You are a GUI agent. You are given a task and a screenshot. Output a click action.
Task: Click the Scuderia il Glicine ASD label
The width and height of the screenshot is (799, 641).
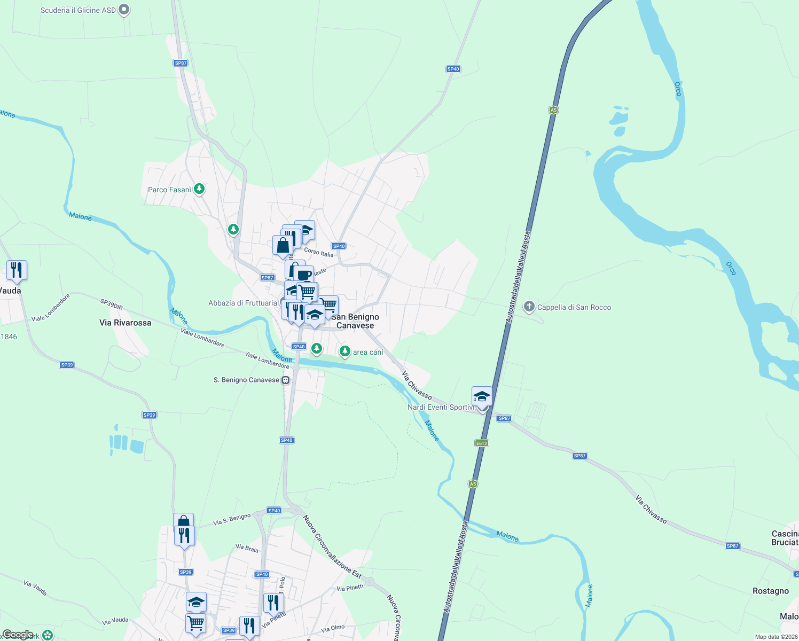coord(78,10)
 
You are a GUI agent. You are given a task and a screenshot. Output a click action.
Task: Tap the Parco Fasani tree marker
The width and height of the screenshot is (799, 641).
coord(199,189)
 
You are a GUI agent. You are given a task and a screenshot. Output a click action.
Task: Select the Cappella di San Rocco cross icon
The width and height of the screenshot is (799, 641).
coord(529,307)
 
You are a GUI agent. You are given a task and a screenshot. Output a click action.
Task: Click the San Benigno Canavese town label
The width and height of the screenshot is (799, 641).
coord(355,321)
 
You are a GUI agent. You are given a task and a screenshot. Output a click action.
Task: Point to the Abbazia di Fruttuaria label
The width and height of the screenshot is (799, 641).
coord(242,303)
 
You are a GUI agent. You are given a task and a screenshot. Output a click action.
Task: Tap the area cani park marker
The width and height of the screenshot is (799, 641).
coord(345,351)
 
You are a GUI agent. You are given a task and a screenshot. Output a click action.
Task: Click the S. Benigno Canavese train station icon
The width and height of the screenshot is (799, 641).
coord(286,380)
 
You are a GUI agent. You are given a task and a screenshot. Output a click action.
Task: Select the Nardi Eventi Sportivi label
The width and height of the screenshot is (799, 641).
coord(441,407)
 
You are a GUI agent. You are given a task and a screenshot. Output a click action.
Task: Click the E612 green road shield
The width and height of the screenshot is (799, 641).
coord(481,443)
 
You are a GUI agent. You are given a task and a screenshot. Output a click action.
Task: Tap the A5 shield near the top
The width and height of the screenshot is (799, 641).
coord(553,110)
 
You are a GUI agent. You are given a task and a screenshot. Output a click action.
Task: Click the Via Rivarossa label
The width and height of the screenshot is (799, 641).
coord(126,323)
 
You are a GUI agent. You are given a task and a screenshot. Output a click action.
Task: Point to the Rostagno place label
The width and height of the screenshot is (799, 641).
coord(770,591)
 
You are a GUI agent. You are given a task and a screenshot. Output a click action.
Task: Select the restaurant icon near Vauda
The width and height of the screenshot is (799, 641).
coord(17,270)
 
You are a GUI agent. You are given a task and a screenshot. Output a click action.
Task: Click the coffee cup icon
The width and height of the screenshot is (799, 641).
coord(304,275)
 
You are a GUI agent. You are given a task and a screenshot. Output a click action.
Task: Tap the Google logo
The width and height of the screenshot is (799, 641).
coord(18,635)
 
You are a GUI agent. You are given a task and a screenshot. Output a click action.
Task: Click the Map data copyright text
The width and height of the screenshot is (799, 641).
coord(775,637)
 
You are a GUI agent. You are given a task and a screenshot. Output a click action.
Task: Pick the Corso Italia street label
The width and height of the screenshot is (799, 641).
coord(319,252)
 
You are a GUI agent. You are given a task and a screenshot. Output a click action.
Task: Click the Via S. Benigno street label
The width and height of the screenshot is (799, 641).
coord(232,519)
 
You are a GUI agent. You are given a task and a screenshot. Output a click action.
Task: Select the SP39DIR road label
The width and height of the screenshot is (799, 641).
coord(112,304)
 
